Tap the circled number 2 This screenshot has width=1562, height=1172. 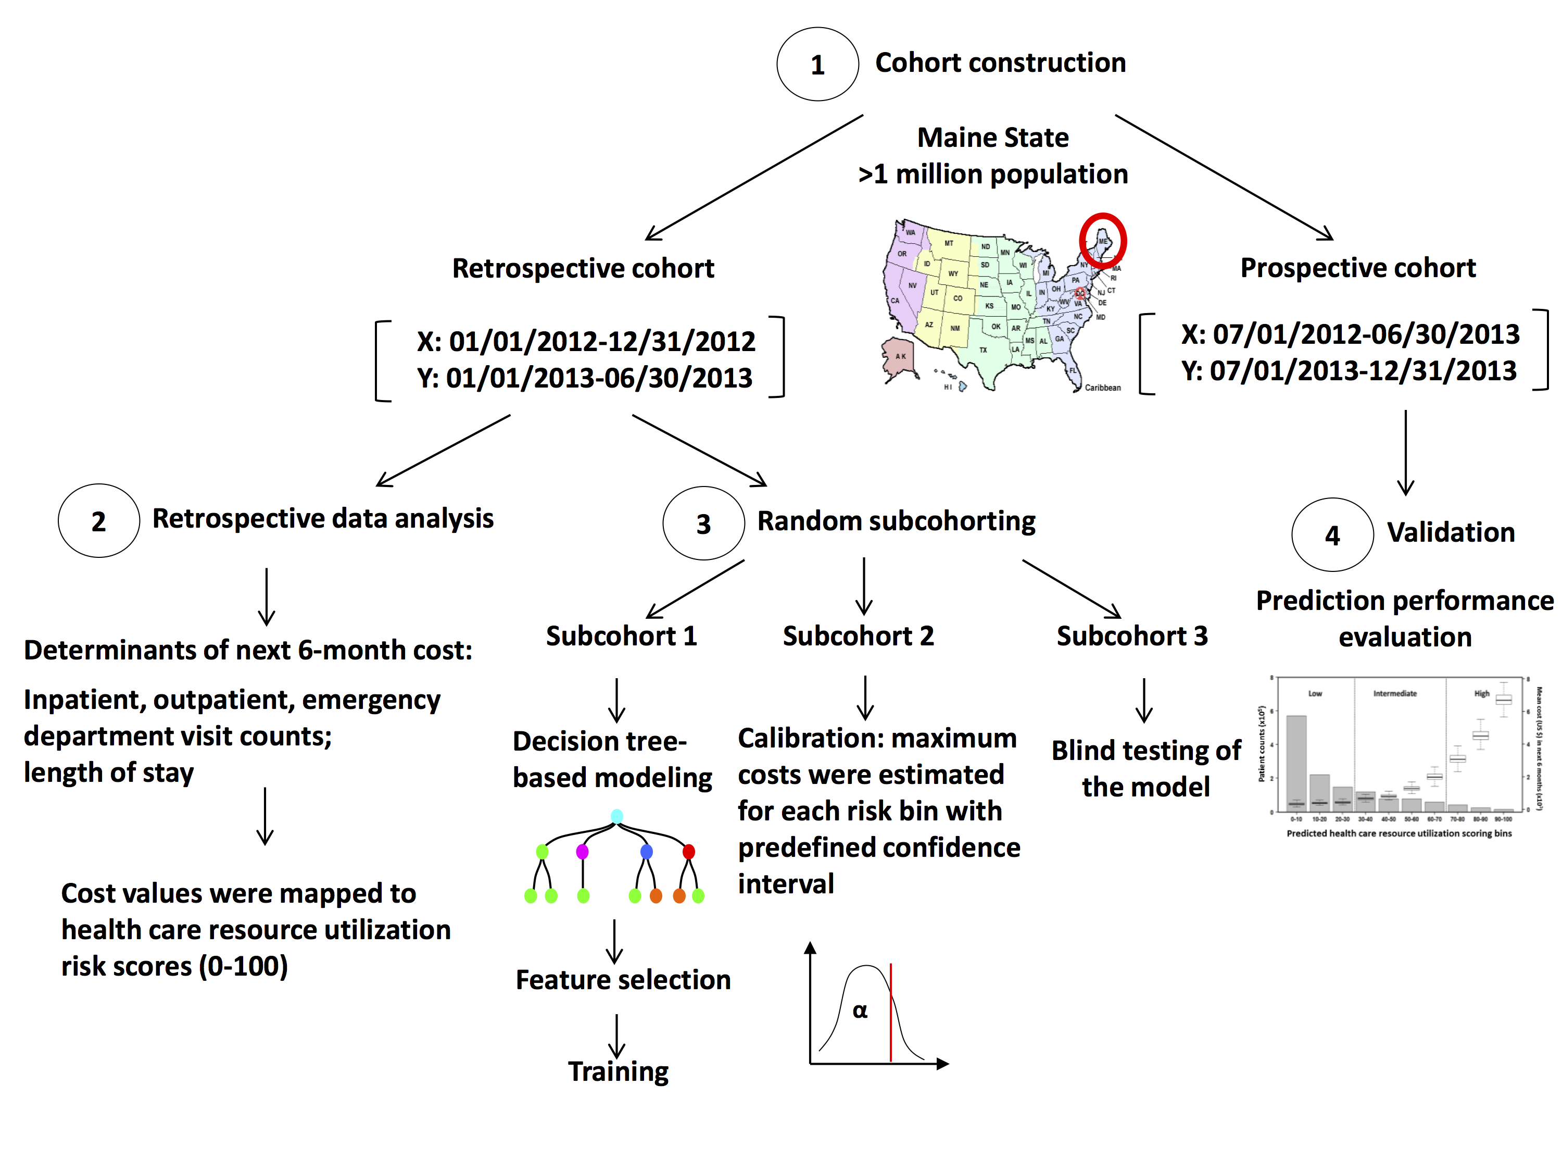tap(98, 521)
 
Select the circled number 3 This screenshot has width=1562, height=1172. tap(703, 523)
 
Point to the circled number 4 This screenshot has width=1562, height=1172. tap(1332, 535)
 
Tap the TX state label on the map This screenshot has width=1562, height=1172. tap(982, 350)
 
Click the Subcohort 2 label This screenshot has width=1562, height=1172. tap(858, 636)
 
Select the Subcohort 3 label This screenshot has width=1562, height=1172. tap(1132, 636)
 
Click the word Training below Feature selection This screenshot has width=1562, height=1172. tap(619, 1071)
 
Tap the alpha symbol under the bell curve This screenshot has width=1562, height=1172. tap(860, 1011)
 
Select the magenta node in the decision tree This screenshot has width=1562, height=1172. tap(582, 851)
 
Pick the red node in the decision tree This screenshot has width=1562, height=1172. tap(688, 851)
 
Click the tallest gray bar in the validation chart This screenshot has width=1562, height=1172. tap(1296, 763)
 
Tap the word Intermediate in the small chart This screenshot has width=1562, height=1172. tap(1395, 694)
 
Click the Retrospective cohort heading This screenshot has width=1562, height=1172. tap(583, 268)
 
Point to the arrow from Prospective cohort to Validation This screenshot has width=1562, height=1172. tap(1405, 452)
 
